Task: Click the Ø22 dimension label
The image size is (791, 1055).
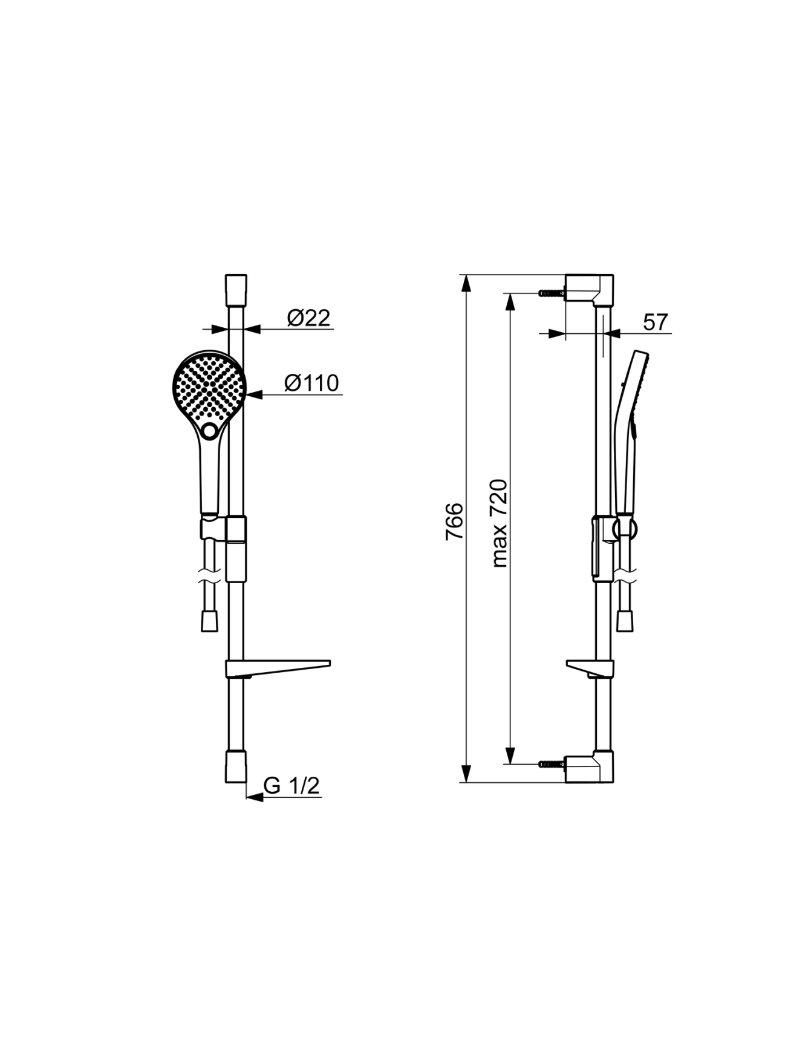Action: coord(309,318)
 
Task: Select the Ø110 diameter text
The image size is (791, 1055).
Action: coord(311,383)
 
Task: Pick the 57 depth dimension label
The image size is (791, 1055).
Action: coord(656,322)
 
